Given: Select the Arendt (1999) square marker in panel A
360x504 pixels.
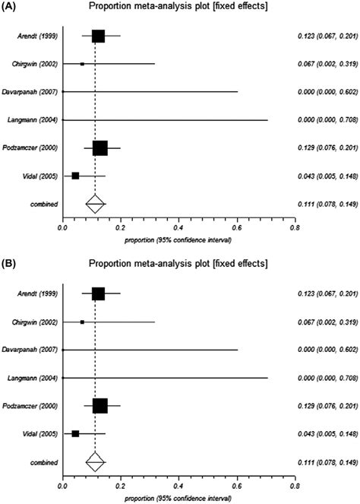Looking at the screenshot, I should coord(98,36).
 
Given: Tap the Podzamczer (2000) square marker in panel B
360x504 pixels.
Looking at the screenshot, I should coord(99,406).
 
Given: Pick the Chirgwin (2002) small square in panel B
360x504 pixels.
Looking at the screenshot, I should coord(82,322).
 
